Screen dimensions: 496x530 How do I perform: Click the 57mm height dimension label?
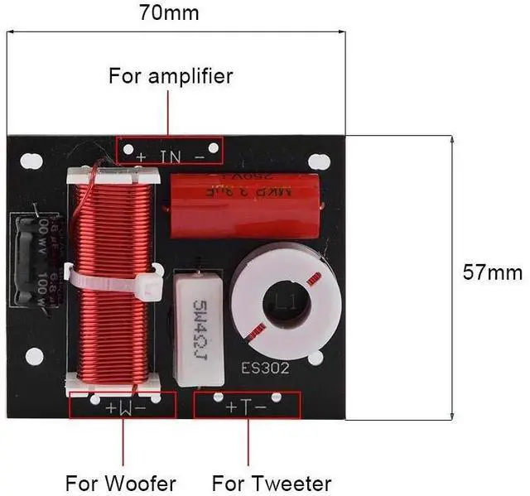click(493, 272)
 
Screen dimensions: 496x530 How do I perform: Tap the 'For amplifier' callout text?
click(171, 77)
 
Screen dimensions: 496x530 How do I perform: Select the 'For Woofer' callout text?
click(121, 483)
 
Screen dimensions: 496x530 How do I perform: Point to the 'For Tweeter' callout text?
click(272, 483)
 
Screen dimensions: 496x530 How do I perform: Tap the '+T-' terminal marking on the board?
click(247, 406)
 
